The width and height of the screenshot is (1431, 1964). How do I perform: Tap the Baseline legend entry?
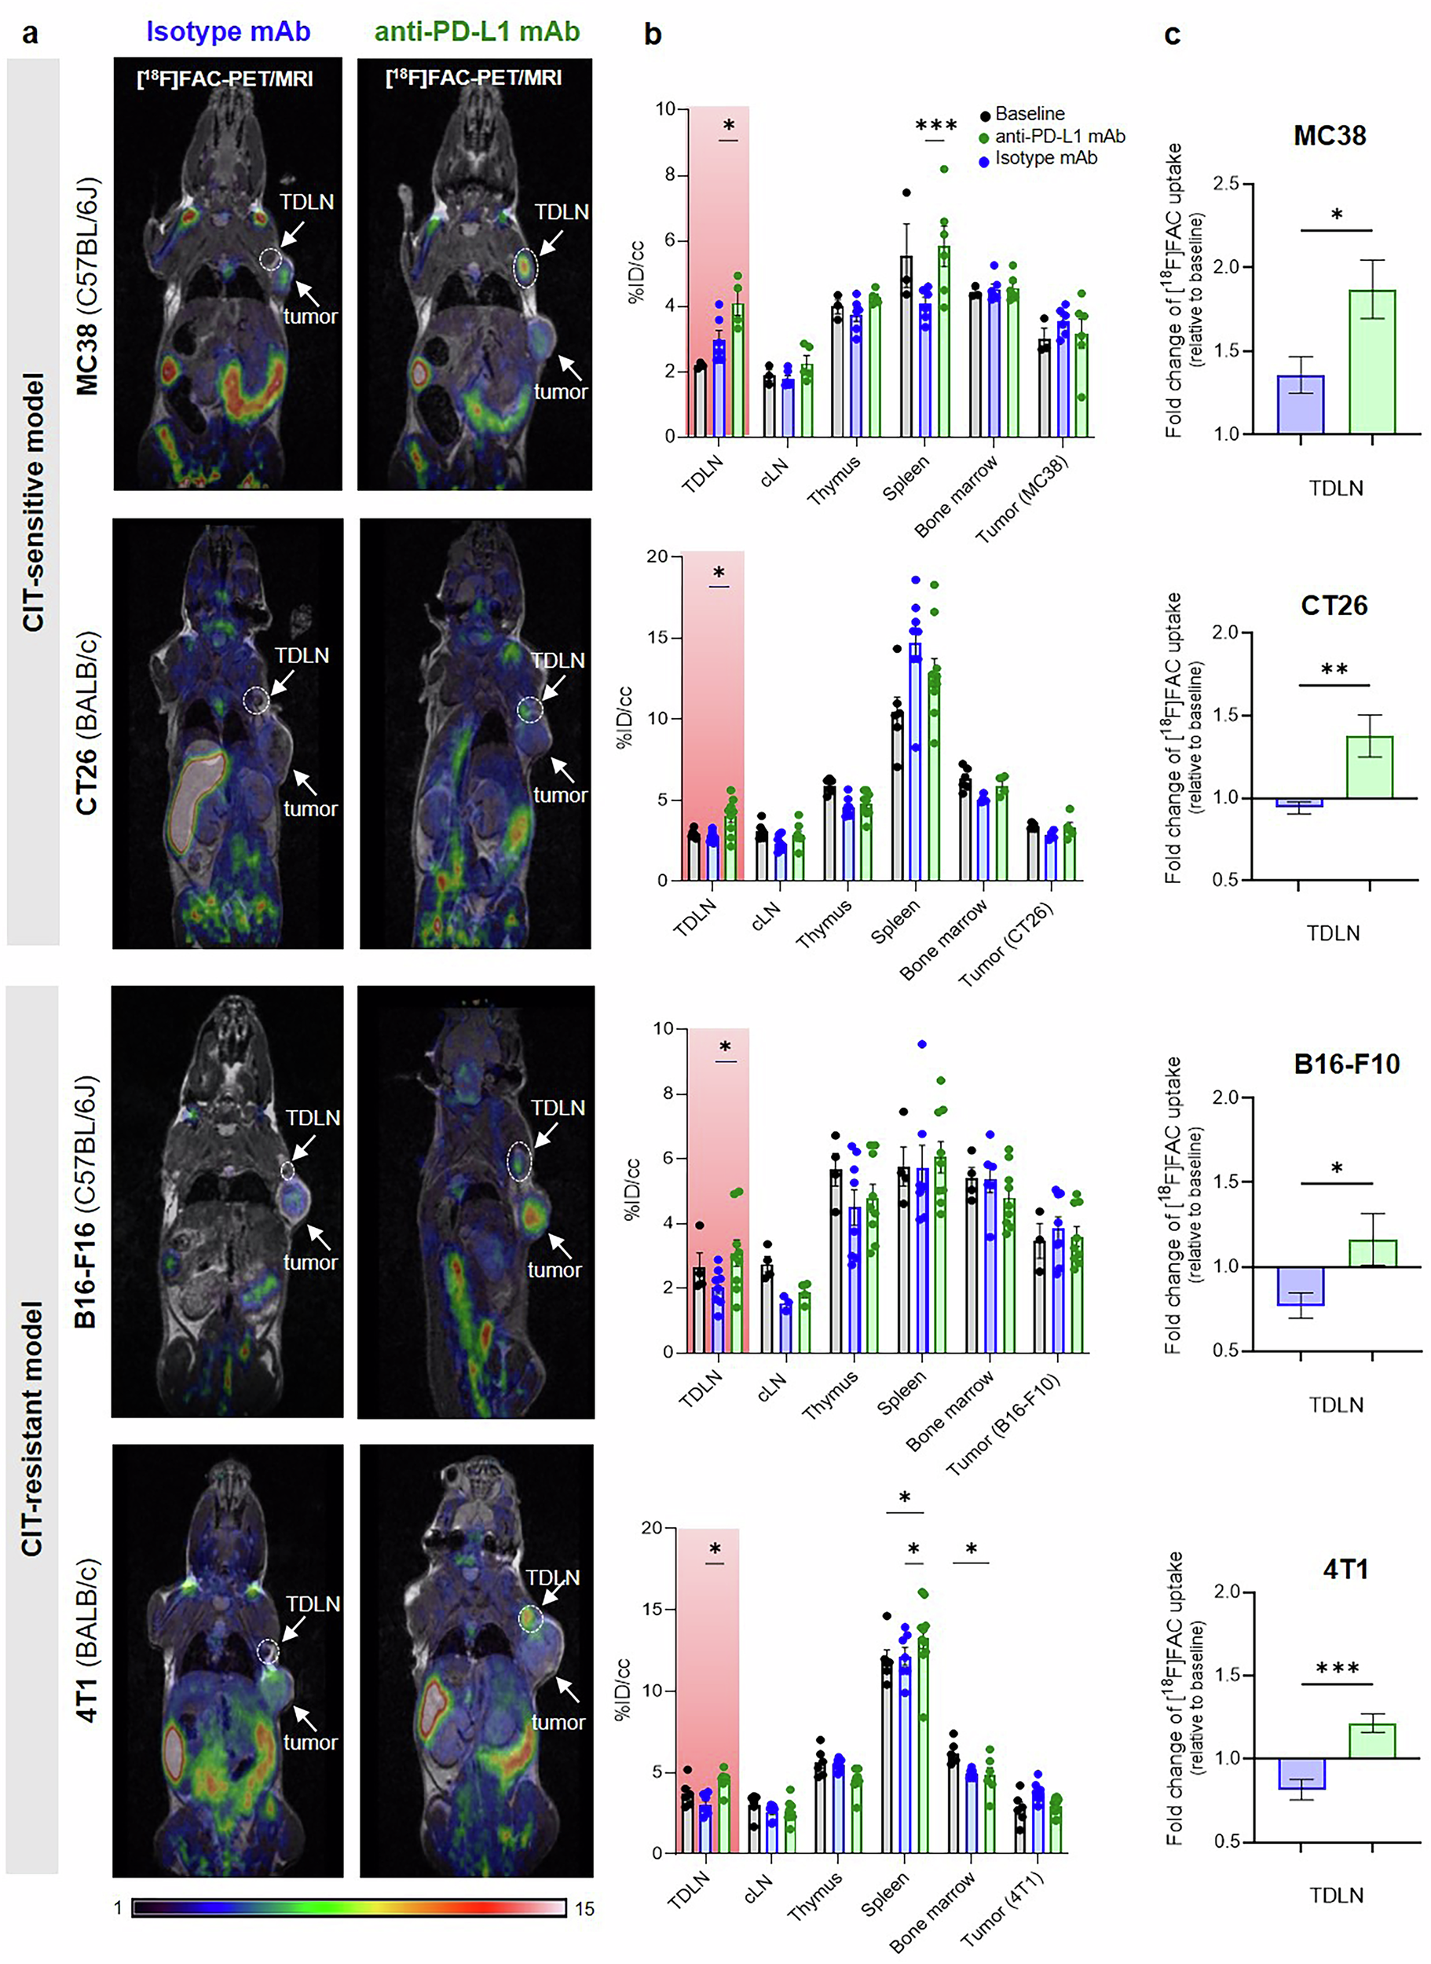click(1029, 113)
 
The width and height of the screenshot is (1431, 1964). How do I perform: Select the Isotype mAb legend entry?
click(1045, 159)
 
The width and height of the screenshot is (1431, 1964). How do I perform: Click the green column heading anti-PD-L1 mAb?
click(477, 31)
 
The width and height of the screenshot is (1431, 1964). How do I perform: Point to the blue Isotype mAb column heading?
click(228, 31)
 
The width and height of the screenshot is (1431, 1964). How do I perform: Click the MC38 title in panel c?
click(1329, 136)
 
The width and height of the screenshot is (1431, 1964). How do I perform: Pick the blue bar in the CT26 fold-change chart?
click(1298, 802)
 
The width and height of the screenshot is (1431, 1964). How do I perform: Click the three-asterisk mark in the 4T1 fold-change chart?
click(1337, 1669)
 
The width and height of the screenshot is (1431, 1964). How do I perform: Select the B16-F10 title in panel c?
click(1346, 1064)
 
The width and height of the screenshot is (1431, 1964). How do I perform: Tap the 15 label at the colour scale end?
click(584, 1908)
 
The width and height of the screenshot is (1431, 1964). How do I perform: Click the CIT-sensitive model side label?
click(33, 502)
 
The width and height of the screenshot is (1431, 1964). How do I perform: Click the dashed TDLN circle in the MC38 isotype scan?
click(270, 258)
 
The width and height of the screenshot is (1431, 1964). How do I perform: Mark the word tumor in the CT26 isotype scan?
click(310, 808)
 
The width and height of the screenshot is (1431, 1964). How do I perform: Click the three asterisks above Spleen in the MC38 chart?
click(935, 126)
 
